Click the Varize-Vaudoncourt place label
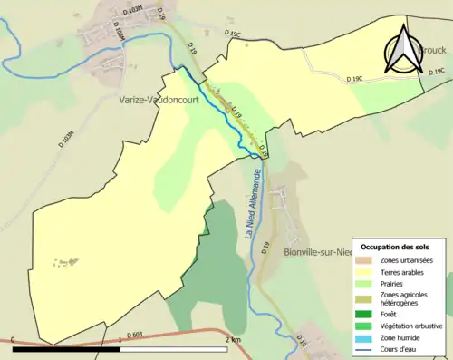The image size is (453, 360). coord(159,101)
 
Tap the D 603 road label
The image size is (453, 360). coord(136,335)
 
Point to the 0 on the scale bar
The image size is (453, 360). coord(14,339)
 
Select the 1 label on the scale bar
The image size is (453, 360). coord(120,339)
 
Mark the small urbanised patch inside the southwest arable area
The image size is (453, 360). coord(63,262)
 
